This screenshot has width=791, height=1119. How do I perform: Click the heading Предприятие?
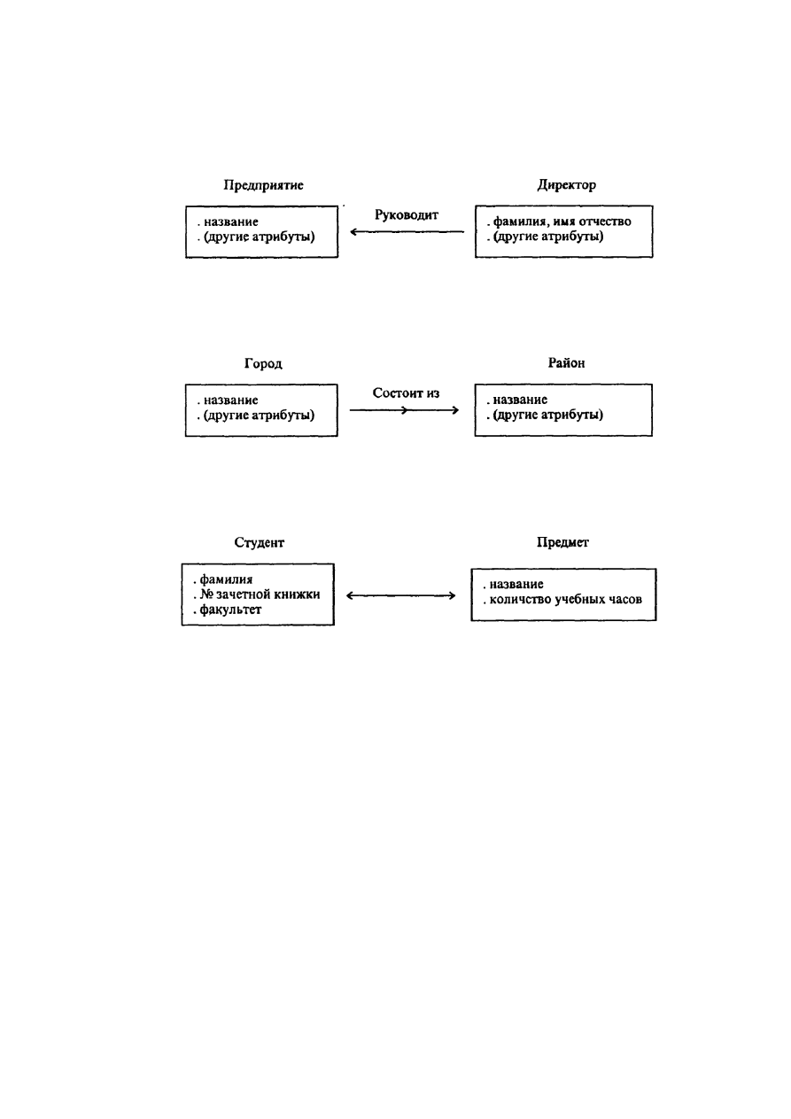[x=263, y=185]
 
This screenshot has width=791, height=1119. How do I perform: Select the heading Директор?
[x=566, y=185]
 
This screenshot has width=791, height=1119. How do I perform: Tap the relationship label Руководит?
[x=407, y=215]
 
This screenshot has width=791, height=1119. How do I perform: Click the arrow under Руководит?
[x=407, y=232]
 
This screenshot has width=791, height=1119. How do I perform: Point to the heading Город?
[x=263, y=363]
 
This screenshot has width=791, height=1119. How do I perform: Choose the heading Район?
[x=566, y=362]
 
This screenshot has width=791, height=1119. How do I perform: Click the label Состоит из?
[x=406, y=393]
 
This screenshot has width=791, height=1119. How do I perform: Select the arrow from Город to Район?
[x=404, y=410]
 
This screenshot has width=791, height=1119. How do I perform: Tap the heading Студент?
[x=260, y=542]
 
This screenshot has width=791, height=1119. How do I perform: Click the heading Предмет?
[x=562, y=542]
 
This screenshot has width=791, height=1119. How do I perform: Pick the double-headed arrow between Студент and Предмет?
[x=401, y=595]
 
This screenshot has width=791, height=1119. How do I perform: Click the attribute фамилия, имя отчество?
[x=562, y=221]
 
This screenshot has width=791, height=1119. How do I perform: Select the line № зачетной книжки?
[x=260, y=594]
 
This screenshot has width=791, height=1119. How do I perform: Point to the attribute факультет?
[x=230, y=610]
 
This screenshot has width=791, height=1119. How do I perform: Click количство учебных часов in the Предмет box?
[x=566, y=600]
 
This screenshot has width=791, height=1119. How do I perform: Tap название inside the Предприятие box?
[x=230, y=222]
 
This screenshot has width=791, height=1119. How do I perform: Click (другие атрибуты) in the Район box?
[x=547, y=416]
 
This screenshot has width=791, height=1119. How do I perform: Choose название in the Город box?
[x=230, y=400]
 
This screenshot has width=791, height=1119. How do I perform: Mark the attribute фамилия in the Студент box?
[x=226, y=579]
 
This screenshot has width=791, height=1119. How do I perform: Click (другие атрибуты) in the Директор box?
[x=548, y=237]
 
